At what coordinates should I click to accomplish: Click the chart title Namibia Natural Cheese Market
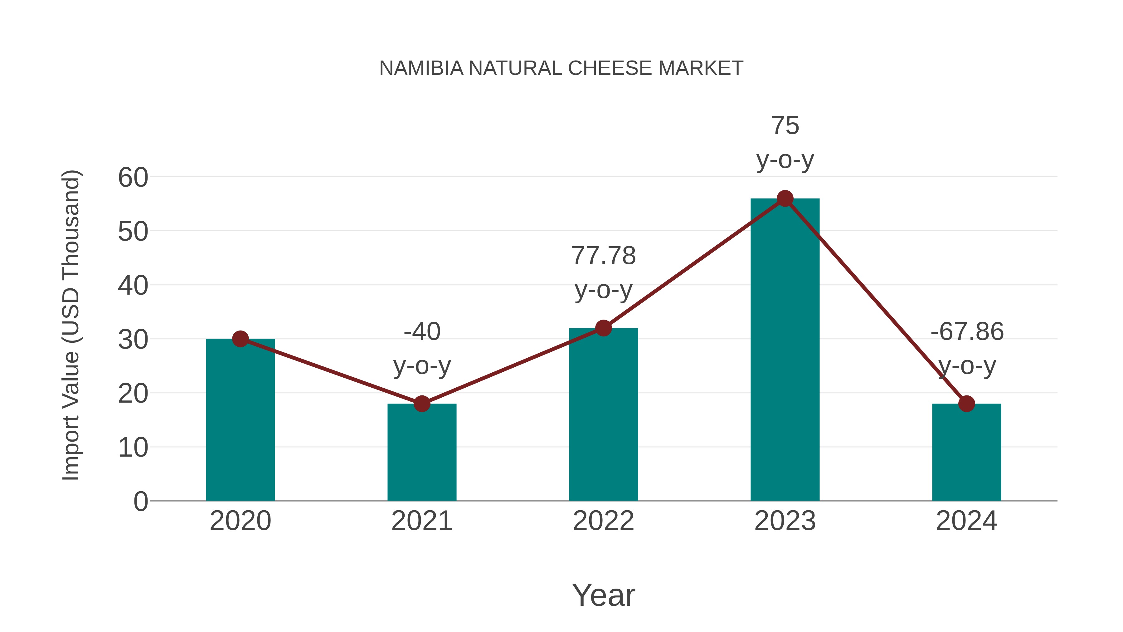click(x=561, y=68)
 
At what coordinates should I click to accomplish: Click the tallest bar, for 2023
click(x=785, y=349)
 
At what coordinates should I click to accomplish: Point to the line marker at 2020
click(x=240, y=339)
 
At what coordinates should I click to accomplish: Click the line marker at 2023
click(x=785, y=198)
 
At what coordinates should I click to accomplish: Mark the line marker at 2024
click(x=966, y=404)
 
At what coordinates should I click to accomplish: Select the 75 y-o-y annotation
click(x=785, y=143)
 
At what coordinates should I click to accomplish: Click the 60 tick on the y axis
click(x=133, y=178)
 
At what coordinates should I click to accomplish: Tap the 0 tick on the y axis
click(x=140, y=501)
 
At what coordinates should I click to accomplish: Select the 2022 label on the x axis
click(x=603, y=521)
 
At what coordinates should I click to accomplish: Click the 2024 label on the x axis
click(x=966, y=521)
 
